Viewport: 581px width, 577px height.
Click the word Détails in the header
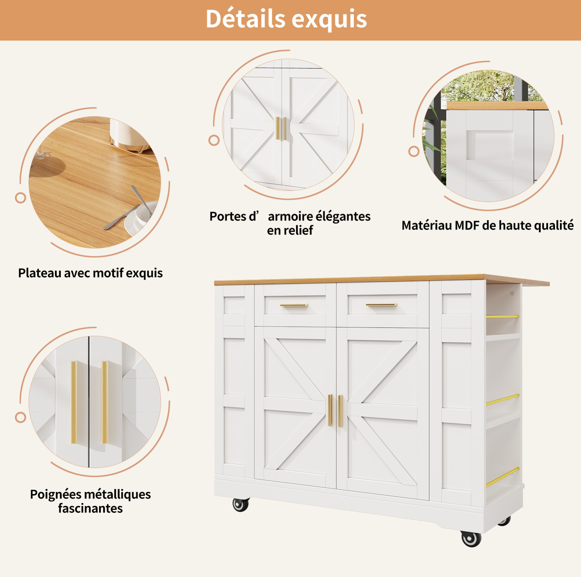245,19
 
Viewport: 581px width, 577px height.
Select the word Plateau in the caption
40,273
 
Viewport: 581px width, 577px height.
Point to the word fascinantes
90,508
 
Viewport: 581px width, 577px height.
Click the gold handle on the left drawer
294,305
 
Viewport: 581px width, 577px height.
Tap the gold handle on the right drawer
381,305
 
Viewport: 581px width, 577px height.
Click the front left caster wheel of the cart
241,505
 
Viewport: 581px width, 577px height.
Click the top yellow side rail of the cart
503,316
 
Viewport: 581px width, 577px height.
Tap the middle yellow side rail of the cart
503,399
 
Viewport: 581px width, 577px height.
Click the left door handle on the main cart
330,410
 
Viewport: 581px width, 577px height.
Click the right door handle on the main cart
340,411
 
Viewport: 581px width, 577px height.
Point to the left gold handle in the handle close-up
74,402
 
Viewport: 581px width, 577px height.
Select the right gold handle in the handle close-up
105,402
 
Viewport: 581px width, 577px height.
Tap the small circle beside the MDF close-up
414,151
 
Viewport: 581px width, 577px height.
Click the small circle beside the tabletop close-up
20,198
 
